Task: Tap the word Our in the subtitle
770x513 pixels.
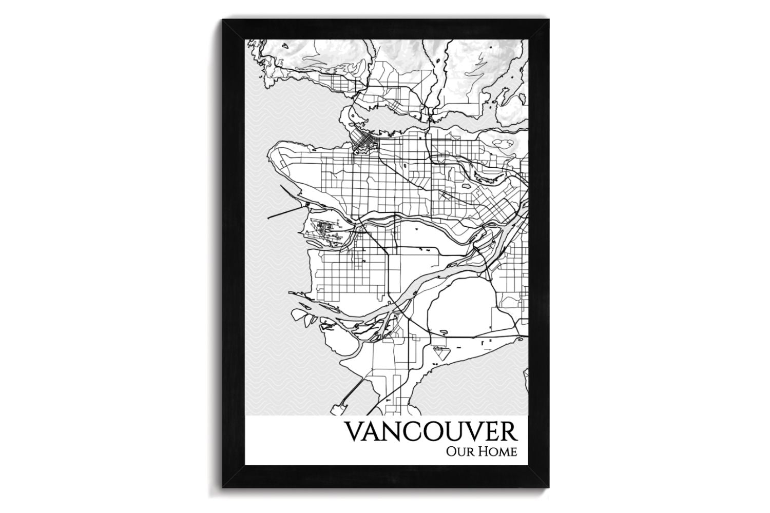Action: [459, 452]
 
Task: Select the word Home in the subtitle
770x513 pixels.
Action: [497, 452]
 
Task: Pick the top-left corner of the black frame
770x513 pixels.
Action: [224, 22]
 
